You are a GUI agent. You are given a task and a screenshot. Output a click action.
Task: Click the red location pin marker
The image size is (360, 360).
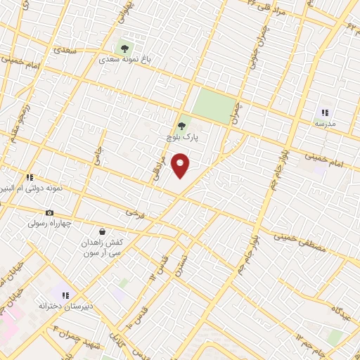181,165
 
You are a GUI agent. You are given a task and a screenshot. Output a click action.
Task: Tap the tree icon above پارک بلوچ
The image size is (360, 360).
181,127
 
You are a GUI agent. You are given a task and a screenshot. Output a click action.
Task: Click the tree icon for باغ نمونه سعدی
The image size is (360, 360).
124,49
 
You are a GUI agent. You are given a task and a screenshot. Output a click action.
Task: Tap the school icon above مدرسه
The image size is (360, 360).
325,112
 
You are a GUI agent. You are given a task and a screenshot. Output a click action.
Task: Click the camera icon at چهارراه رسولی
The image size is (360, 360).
49,213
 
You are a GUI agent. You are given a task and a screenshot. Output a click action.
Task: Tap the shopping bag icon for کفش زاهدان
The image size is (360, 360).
103,231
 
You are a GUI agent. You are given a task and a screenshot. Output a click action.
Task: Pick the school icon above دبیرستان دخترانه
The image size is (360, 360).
65,295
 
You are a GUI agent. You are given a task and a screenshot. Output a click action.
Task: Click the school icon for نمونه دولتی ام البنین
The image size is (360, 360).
30,178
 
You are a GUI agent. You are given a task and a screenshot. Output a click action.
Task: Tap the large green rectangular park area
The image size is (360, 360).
214,105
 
